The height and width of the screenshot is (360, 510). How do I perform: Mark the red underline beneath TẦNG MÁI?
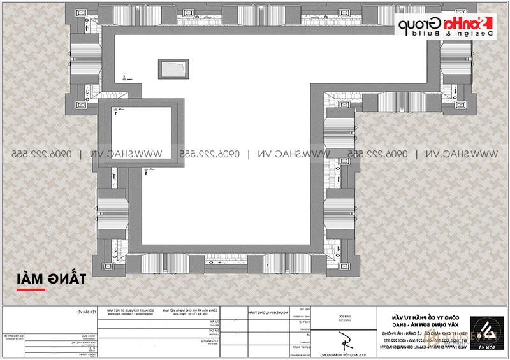click(31, 289)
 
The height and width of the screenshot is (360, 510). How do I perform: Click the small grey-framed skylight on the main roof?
click(173, 68)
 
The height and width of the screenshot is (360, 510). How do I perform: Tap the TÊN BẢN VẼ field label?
click(75, 312)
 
